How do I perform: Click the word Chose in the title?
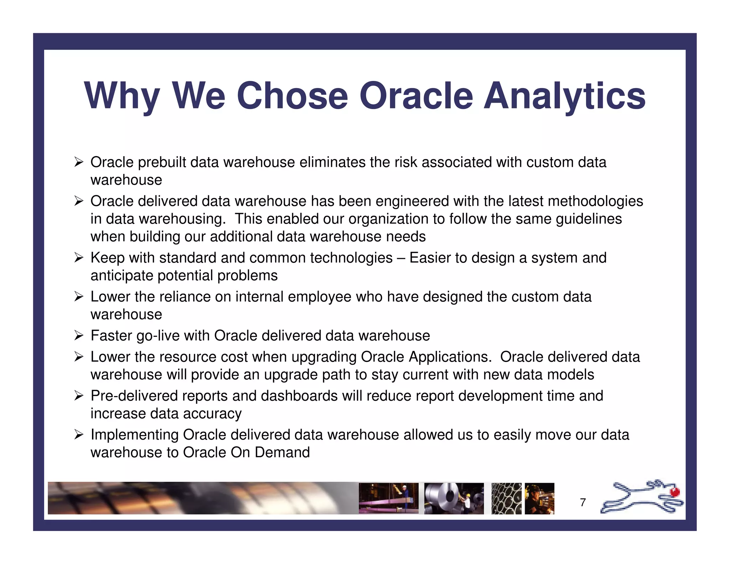click(x=292, y=96)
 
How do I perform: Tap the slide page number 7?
click(x=583, y=502)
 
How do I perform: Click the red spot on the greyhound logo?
click(x=675, y=492)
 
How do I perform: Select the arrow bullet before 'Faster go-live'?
click(x=79, y=335)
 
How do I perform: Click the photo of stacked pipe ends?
click(x=506, y=498)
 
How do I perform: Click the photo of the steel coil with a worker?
click(x=454, y=498)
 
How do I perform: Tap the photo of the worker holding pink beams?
click(x=389, y=498)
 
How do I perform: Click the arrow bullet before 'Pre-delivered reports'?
click(x=79, y=396)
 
